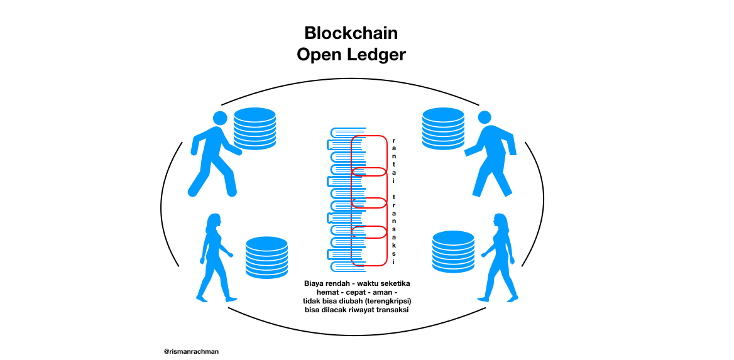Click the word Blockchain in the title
pyautogui.click(x=351, y=33)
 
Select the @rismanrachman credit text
pyautogui.click(x=191, y=352)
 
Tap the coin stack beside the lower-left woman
pyautogui.click(x=266, y=256)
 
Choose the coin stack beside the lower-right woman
pyautogui.click(x=453, y=251)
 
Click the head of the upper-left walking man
pyautogui.click(x=220, y=118)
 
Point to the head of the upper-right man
pyautogui.click(x=484, y=117)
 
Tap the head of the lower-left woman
pyautogui.click(x=214, y=221)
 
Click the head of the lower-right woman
pyautogui.click(x=500, y=221)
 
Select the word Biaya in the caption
pyautogui.click(x=315, y=283)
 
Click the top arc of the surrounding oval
pyautogui.click(x=350, y=80)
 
